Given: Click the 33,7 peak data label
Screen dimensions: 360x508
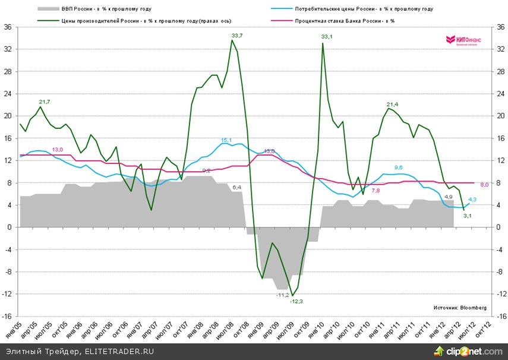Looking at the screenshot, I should pos(237,36).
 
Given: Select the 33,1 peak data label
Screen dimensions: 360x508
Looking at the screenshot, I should pos(327,37).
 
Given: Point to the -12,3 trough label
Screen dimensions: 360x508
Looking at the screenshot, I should pos(296,302).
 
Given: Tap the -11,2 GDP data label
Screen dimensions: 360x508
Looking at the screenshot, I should pos(282,295).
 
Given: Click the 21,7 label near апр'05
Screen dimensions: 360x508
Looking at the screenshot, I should pos(45,102).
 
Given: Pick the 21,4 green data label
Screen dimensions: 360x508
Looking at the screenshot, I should pos(392,105).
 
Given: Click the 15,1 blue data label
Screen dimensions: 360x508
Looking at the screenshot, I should pos(226,140).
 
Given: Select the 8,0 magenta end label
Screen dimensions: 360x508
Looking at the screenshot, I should pos(484,185).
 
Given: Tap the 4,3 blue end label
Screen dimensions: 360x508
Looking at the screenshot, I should pos(473,200).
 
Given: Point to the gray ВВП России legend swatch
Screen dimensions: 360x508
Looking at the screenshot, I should pos(47,10).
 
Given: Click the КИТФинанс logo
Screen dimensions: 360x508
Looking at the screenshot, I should pos(463,40).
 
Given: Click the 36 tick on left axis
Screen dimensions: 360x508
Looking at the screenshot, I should pos(8,27).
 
